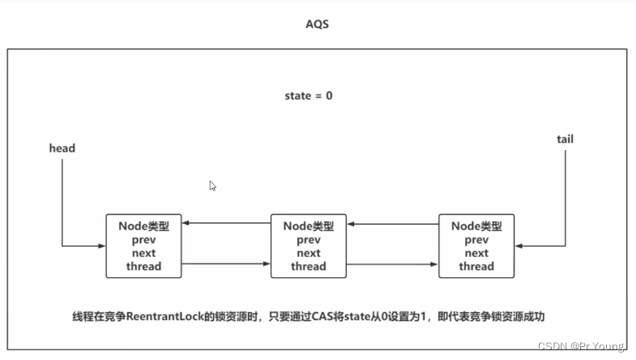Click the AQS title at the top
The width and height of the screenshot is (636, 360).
click(317, 24)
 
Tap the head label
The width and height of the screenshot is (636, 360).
click(62, 148)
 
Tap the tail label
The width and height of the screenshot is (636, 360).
click(565, 139)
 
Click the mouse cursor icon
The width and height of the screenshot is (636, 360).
click(212, 186)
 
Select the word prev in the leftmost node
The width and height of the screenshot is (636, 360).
click(144, 241)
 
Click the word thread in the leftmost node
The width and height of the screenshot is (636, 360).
click(144, 266)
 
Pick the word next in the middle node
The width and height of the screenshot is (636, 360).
click(309, 254)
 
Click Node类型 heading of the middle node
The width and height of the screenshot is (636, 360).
click(309, 227)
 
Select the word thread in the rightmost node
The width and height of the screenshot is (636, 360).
click(476, 266)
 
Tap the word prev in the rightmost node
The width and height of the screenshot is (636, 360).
click(476, 241)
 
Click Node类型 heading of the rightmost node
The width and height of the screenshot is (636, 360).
click(476, 227)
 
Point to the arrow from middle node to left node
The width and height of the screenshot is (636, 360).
click(226, 224)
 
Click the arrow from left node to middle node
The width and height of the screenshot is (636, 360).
click(226, 263)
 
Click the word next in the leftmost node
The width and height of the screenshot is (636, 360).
click(144, 254)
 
